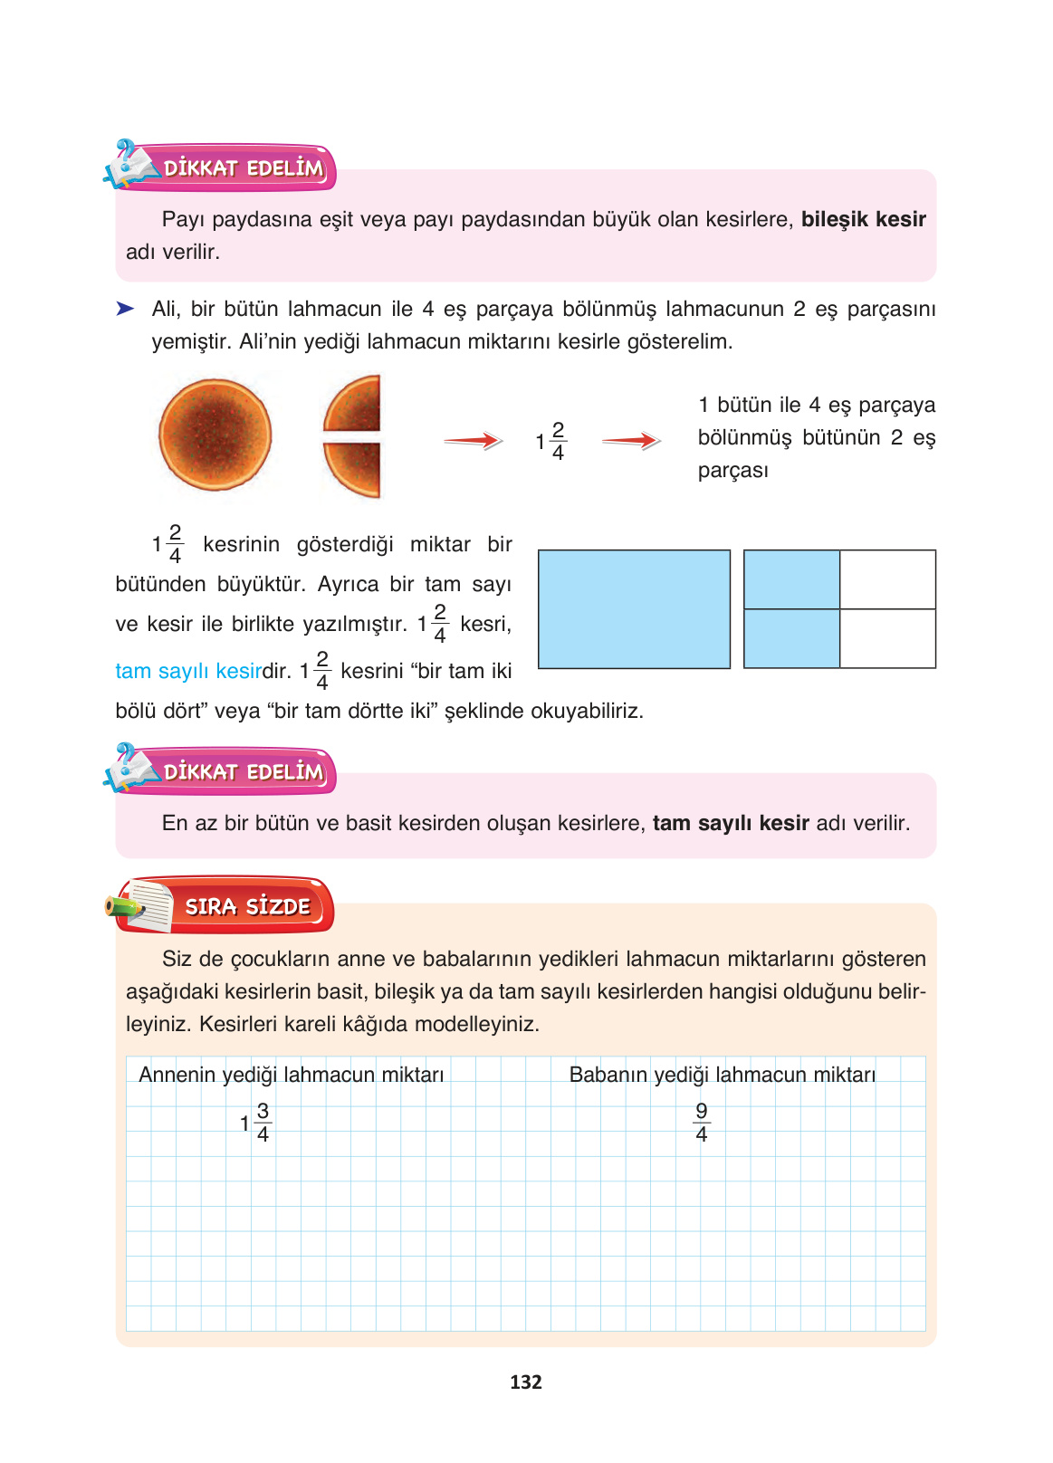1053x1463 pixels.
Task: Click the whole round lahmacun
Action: [215, 435]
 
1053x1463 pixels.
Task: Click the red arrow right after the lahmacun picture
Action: [473, 441]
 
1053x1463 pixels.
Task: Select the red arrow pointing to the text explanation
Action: [631, 441]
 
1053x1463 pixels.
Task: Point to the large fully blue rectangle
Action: [634, 609]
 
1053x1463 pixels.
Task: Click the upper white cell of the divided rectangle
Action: [887, 579]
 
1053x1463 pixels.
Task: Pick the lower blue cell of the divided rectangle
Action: [791, 638]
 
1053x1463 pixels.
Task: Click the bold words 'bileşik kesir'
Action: [863, 219]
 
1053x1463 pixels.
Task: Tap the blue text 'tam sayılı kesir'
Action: [188, 671]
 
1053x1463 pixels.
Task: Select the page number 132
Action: [526, 1382]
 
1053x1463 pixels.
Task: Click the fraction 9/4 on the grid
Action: [702, 1123]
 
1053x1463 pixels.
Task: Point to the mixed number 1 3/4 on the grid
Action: [255, 1123]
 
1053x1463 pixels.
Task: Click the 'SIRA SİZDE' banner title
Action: [247, 906]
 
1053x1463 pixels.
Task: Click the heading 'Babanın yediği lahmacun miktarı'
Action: [722, 1075]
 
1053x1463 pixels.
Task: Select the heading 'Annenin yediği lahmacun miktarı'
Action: [291, 1075]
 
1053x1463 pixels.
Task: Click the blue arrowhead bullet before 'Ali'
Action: [125, 309]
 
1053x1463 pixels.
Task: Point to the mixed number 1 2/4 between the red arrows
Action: [550, 441]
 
